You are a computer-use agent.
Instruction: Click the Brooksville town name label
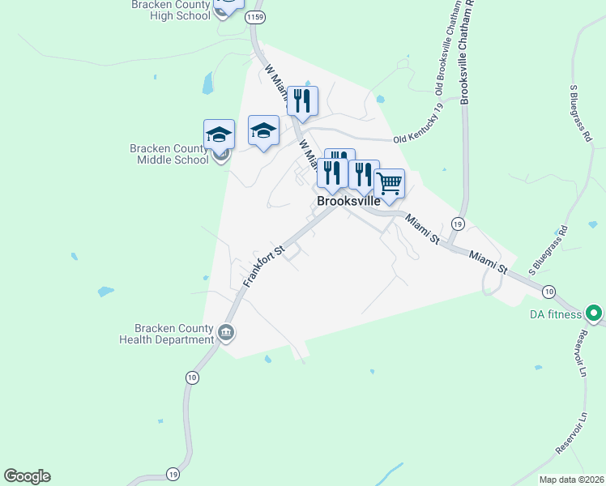click(348, 202)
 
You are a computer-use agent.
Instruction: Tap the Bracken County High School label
click(170, 10)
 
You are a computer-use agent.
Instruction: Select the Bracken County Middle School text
click(169, 154)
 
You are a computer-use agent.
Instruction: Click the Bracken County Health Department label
click(166, 334)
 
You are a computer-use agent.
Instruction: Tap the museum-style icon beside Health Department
click(225, 331)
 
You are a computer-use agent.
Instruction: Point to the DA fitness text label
click(555, 314)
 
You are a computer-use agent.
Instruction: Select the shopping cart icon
click(389, 183)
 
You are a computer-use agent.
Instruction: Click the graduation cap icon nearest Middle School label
click(219, 134)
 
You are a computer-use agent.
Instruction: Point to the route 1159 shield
click(256, 16)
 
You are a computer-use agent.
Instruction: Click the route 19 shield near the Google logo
click(173, 474)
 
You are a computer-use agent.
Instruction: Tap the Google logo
click(27, 476)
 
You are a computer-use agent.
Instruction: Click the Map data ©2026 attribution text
click(570, 480)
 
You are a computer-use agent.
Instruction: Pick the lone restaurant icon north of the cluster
click(302, 100)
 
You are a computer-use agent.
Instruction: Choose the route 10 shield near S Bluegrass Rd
click(548, 291)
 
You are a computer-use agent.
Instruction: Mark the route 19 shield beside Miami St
click(458, 224)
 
